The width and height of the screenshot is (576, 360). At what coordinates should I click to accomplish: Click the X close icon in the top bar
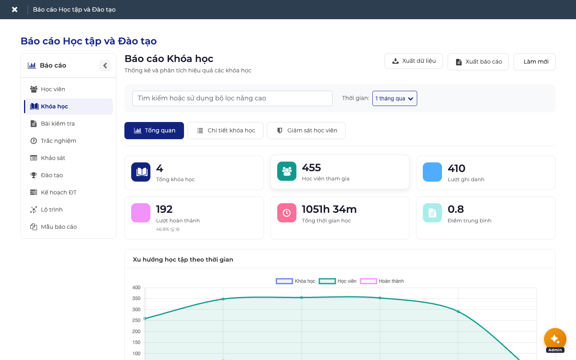tap(15, 10)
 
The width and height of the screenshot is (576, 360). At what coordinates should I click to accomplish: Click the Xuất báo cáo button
tap(478, 62)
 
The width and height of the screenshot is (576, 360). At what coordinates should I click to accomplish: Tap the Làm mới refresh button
tap(534, 62)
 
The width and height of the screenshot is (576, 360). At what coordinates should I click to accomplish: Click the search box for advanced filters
tap(232, 98)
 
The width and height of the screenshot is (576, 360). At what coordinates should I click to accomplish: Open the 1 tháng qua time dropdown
tap(394, 98)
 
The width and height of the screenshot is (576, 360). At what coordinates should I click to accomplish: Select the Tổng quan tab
tap(154, 131)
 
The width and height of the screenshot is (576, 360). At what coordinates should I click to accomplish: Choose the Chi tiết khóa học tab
tap(225, 131)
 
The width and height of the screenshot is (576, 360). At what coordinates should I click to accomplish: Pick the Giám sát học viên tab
tap(306, 131)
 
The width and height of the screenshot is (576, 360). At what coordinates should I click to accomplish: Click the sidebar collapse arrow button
tap(105, 66)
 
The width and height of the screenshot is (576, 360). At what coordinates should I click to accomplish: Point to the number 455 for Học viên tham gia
tap(311, 168)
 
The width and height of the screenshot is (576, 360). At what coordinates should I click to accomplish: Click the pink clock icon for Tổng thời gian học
tap(287, 213)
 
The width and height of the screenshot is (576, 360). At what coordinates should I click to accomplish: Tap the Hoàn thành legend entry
tap(382, 281)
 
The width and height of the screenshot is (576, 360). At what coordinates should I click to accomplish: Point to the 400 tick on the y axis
tap(136, 288)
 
